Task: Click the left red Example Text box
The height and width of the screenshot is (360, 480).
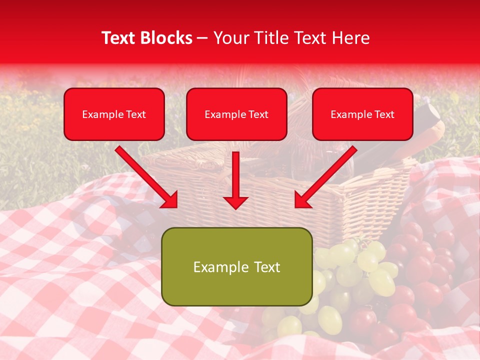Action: pos(114,114)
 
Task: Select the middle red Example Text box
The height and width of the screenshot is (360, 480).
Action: pos(236,114)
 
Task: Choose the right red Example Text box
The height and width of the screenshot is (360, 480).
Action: pos(362,114)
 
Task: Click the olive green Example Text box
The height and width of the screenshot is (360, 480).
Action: pos(236,266)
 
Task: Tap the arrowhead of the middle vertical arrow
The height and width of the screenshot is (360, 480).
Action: pos(235,202)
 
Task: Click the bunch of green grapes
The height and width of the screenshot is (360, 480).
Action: pos(350,280)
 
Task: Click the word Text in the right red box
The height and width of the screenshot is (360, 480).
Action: pos(384,114)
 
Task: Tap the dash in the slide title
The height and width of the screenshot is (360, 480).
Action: pos(202,38)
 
